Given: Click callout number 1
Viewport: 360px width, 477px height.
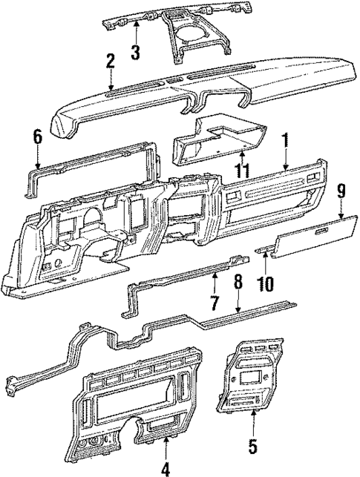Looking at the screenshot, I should coord(285,139).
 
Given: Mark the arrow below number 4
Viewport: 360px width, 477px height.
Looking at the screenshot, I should coord(165,448).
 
